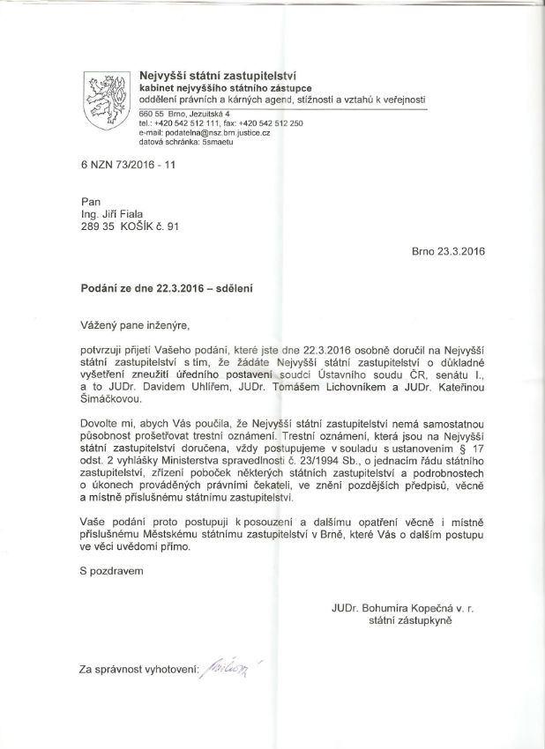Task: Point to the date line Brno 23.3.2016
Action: tap(449, 250)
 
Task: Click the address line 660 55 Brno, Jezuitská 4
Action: tap(184, 115)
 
